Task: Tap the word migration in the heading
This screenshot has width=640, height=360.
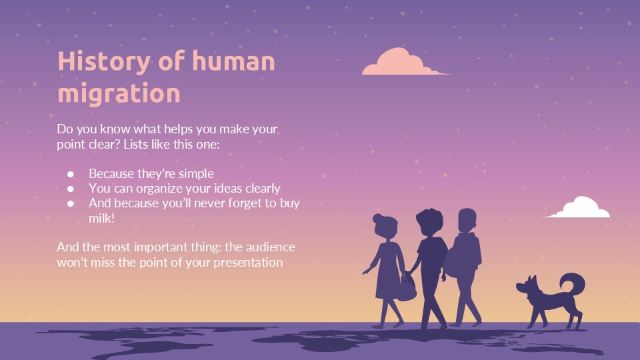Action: [119, 93]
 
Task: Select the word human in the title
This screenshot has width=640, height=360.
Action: [233, 62]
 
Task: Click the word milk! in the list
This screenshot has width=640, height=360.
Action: [103, 219]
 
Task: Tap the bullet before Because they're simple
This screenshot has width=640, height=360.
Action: [71, 174]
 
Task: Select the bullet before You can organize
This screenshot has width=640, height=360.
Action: [71, 189]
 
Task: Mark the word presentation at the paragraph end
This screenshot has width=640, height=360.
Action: [248, 263]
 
